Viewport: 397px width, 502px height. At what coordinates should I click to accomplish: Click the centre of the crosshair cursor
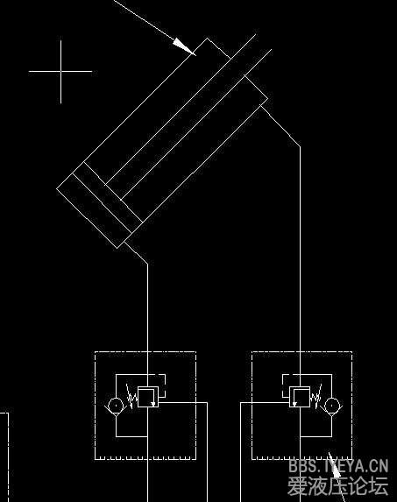tap(60, 71)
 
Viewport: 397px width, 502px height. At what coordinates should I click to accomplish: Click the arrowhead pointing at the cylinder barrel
tap(185, 47)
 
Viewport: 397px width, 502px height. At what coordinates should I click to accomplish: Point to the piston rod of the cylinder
tap(188, 117)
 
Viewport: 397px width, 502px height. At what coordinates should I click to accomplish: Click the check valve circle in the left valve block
tap(116, 406)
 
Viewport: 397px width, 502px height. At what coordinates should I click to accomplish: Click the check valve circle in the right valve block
tap(332, 406)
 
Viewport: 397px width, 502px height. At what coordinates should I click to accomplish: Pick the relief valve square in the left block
tap(148, 397)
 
